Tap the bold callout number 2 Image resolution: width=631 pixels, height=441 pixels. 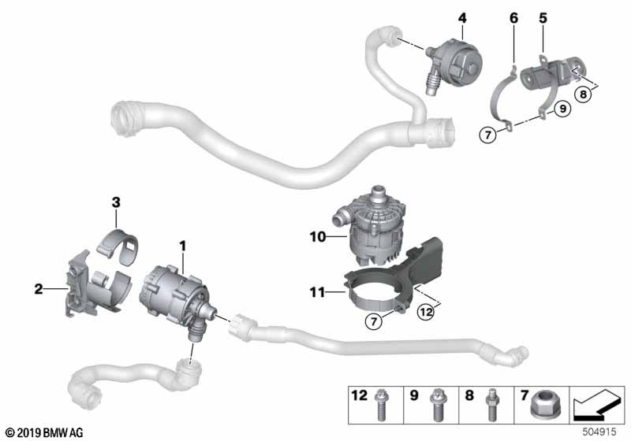38,289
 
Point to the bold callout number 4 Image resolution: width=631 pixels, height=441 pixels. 461,17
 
